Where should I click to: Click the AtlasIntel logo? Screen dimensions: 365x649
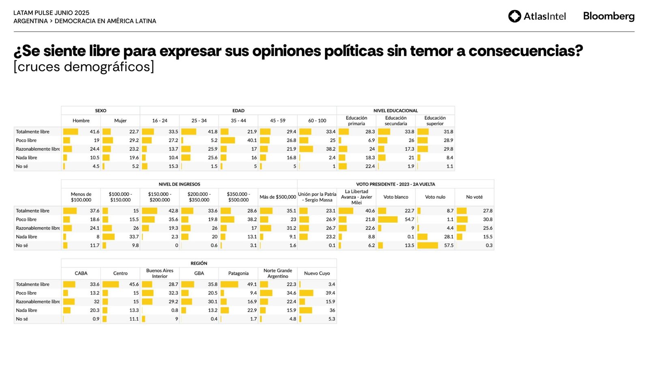coord(537,16)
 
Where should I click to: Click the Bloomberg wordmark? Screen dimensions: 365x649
coord(608,16)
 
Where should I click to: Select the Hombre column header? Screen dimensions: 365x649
coord(81,121)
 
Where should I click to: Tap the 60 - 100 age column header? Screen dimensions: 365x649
coord(317,121)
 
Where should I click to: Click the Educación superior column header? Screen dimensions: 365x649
coord(435,121)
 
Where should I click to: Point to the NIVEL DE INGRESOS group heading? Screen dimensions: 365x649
coord(179,184)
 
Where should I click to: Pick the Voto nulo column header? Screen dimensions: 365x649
coord(435,197)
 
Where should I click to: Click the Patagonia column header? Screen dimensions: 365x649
coord(239,273)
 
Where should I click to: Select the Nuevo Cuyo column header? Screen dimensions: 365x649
coord(317,273)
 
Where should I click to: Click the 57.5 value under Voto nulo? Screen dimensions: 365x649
coord(449,245)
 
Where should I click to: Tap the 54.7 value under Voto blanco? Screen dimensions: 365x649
coord(409,219)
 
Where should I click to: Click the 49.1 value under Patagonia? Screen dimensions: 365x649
coord(252,284)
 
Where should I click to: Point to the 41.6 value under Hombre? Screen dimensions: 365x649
coord(95,132)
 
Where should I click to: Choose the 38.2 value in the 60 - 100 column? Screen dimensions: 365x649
coord(331,149)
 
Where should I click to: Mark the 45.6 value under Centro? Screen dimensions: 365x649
coord(134,284)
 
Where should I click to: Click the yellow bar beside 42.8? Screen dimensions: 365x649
coord(149,211)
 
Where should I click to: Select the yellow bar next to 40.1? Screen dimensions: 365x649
coord(228,140)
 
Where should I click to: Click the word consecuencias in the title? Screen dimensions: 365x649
coord(525,51)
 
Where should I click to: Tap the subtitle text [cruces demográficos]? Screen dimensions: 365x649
coord(84,67)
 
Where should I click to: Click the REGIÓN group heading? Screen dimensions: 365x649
coord(199,263)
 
